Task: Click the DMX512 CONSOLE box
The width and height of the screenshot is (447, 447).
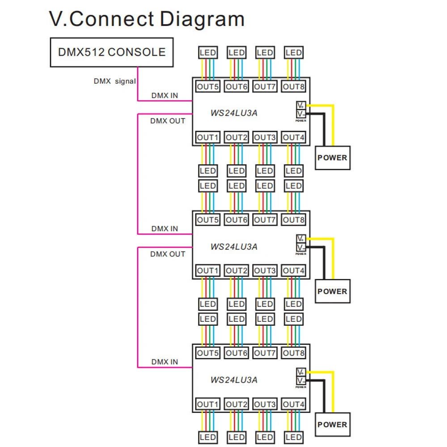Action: pyautogui.click(x=112, y=52)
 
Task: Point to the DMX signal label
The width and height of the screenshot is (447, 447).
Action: pyautogui.click(x=114, y=81)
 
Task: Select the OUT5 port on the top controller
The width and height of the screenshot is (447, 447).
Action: pyautogui.click(x=208, y=87)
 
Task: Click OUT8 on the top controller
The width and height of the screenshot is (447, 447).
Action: pyautogui.click(x=294, y=87)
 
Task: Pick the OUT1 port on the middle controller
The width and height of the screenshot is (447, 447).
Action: pyautogui.click(x=208, y=270)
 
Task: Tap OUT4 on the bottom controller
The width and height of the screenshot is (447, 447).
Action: pyautogui.click(x=294, y=404)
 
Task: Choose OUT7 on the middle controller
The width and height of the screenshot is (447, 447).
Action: pyautogui.click(x=265, y=220)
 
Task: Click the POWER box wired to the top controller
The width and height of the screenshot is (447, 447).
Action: pyautogui.click(x=332, y=157)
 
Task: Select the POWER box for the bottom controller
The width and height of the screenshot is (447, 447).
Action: pyautogui.click(x=332, y=425)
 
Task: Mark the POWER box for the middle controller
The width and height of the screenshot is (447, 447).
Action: pyautogui.click(x=332, y=291)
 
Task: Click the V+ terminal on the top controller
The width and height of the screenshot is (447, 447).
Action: pyautogui.click(x=300, y=106)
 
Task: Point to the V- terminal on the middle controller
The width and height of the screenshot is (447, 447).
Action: pyautogui.click(x=300, y=247)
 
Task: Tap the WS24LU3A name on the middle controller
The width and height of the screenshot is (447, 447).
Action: pyautogui.click(x=234, y=247)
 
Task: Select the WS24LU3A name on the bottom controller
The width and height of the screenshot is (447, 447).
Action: pyautogui.click(x=234, y=380)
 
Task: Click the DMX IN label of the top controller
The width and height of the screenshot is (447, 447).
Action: pyautogui.click(x=164, y=95)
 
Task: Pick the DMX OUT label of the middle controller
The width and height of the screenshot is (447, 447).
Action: pyautogui.click(x=168, y=254)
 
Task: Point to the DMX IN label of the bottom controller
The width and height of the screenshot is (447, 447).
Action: pyautogui.click(x=164, y=362)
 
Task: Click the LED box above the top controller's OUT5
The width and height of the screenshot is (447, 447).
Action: pyautogui.click(x=208, y=53)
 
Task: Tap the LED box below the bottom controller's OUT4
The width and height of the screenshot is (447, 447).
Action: pyautogui.click(x=294, y=437)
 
